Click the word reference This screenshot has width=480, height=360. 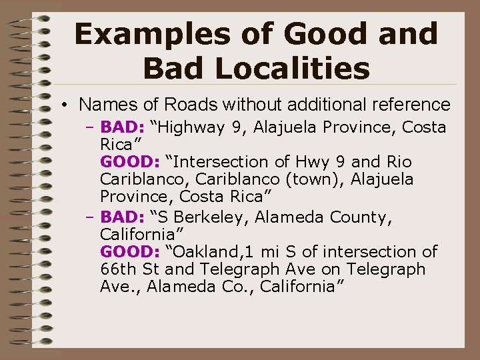pos(413,105)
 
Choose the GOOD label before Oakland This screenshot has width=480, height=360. pos(127,251)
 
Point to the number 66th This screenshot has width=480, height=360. pos(117,269)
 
